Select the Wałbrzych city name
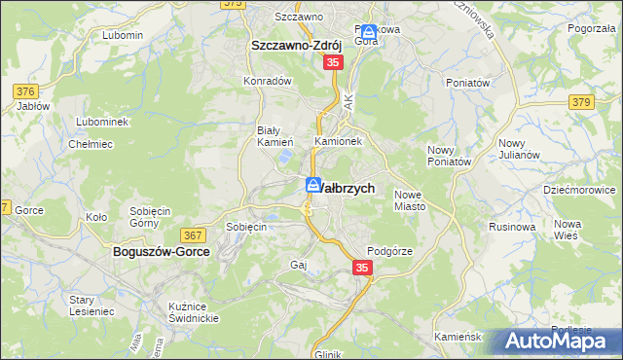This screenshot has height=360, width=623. click(x=348, y=187)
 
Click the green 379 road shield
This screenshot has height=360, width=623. click(x=582, y=102)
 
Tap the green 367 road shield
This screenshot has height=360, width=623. click(x=192, y=235)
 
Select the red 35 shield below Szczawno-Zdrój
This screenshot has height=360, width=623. click(x=333, y=61)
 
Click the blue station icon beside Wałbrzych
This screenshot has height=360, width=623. click(x=313, y=185)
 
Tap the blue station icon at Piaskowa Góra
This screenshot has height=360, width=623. click(x=369, y=31)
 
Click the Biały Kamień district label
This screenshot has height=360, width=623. click(x=268, y=136)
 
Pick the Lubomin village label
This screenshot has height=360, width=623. click(x=122, y=35)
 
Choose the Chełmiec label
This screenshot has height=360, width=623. click(x=91, y=144)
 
